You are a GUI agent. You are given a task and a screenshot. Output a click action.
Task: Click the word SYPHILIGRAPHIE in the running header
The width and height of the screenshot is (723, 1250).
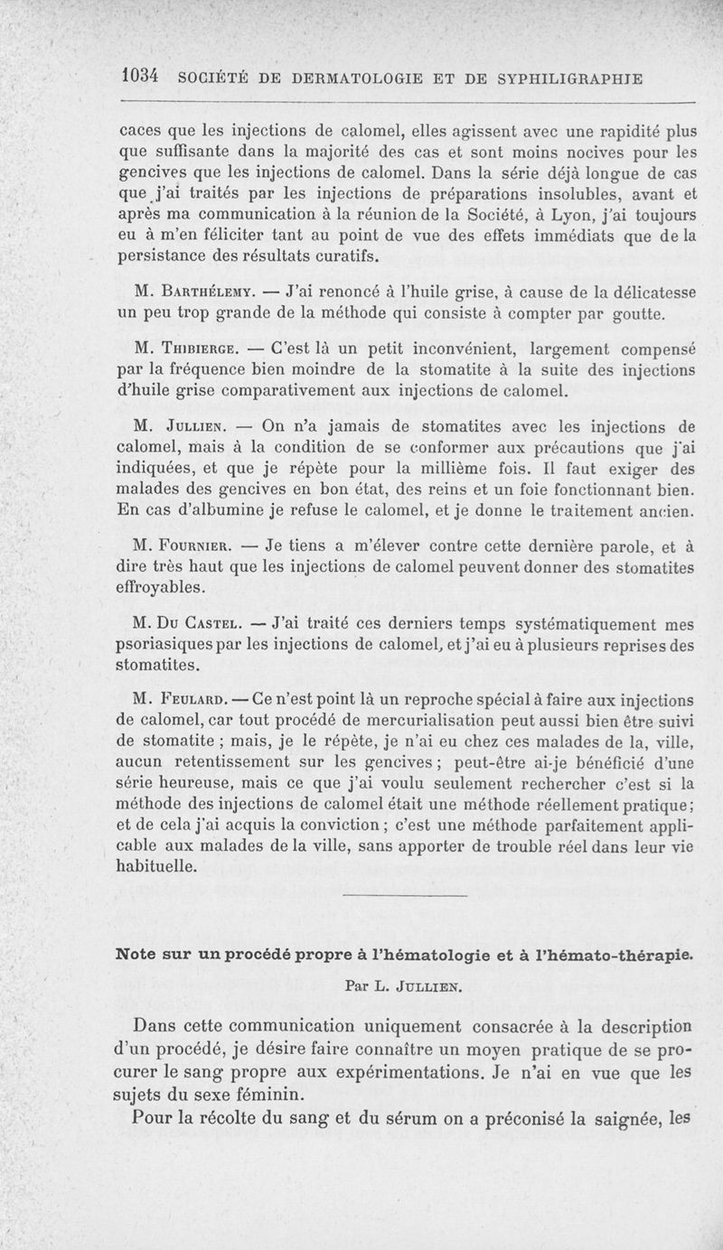coord(565,79)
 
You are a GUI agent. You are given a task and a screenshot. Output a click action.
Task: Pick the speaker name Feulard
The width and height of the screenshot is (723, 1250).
coord(200,701)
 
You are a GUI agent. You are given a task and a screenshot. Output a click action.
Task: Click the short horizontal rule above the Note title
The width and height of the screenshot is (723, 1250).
coord(406,896)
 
